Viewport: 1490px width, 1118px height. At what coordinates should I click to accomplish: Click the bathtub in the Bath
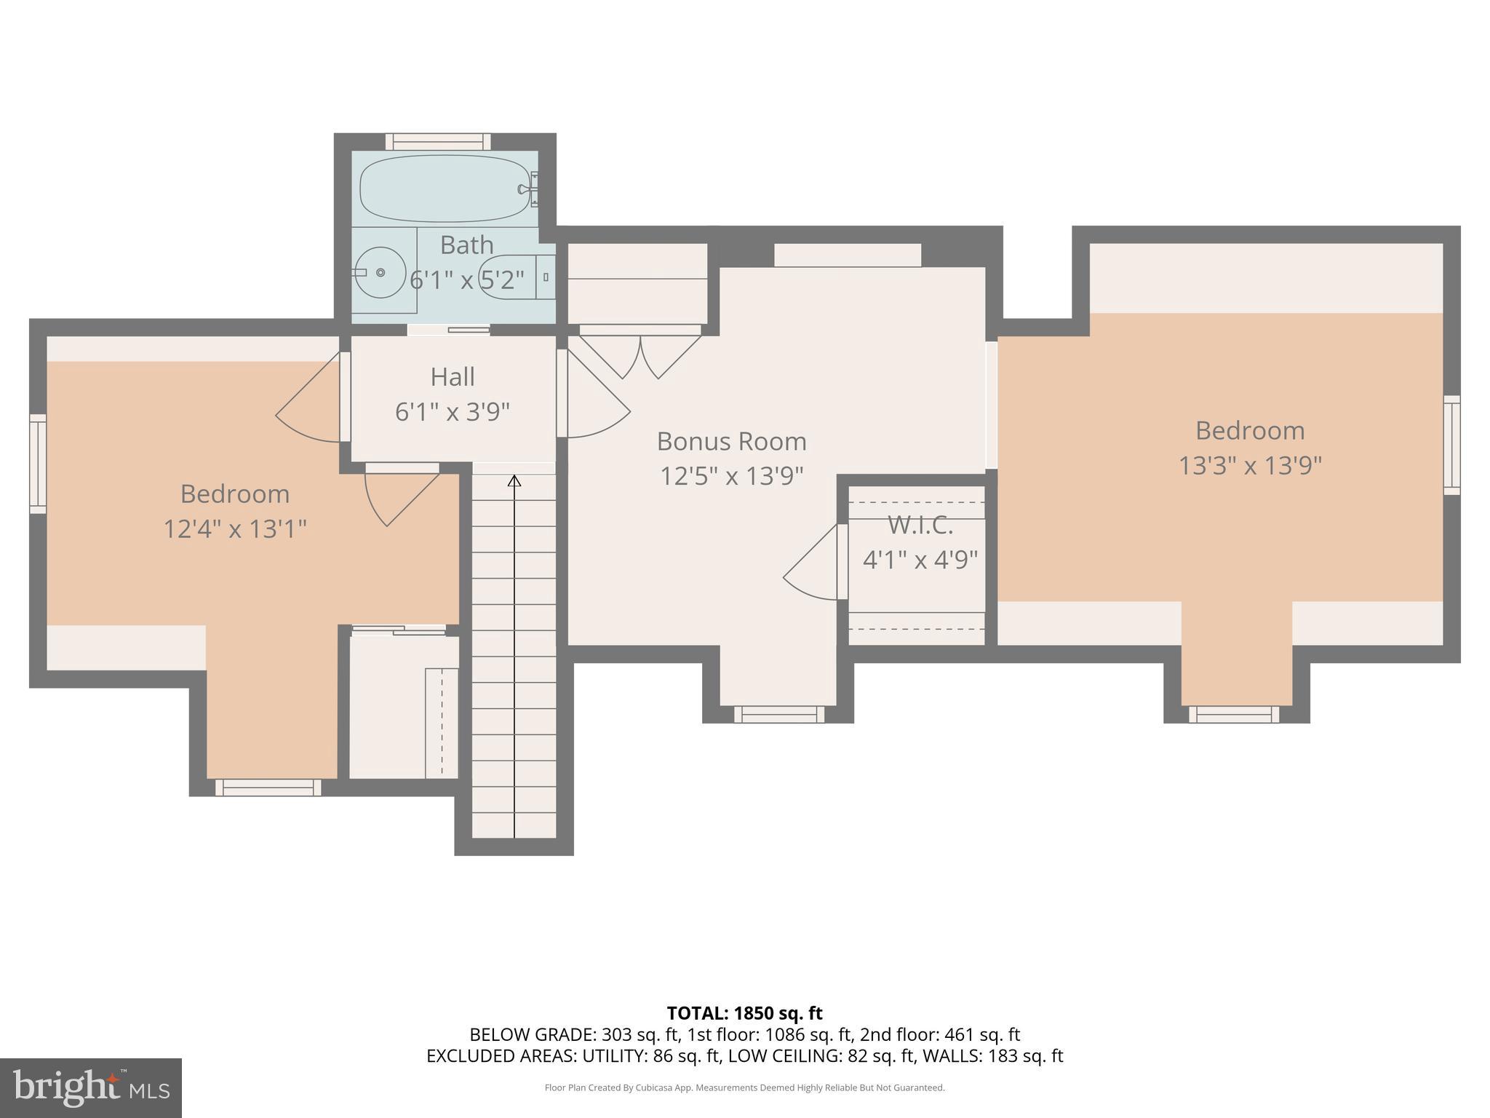tap(444, 189)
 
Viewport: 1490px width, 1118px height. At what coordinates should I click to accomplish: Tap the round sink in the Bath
tap(380, 272)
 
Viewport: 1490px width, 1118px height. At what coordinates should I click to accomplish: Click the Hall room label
tap(453, 377)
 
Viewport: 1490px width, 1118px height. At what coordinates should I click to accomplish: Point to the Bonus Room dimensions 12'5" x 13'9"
tap(731, 476)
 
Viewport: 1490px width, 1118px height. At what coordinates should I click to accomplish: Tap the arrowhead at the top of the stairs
tap(514, 480)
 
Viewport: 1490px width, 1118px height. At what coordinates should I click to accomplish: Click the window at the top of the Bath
tap(438, 141)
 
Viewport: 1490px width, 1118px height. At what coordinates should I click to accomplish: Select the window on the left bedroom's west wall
tap(38, 464)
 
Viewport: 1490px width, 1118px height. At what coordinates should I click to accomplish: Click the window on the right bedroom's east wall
tap(1451, 445)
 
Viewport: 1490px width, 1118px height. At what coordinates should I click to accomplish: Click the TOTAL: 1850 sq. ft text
tap(744, 1013)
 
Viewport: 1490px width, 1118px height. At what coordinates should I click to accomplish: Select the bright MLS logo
tap(90, 1087)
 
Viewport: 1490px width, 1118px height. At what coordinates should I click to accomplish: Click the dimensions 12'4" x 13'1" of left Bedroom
tap(234, 529)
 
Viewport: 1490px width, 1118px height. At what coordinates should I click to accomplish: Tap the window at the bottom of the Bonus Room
tap(778, 714)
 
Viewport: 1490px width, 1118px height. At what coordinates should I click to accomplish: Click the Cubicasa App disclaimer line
tap(744, 1088)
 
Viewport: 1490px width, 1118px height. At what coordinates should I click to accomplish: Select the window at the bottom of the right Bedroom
tap(1234, 714)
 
